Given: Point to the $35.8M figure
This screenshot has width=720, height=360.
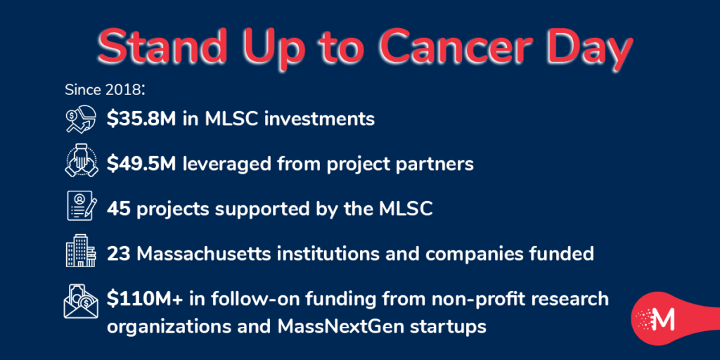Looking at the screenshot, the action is (x=141, y=119).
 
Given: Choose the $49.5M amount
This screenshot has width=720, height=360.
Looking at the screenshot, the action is (x=141, y=164).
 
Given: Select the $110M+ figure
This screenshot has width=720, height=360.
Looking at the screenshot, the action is (x=143, y=299).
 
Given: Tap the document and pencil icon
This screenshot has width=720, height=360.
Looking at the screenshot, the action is (x=82, y=206).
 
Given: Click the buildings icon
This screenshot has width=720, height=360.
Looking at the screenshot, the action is (x=81, y=251).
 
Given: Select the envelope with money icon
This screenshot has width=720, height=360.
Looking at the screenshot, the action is (x=81, y=301).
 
